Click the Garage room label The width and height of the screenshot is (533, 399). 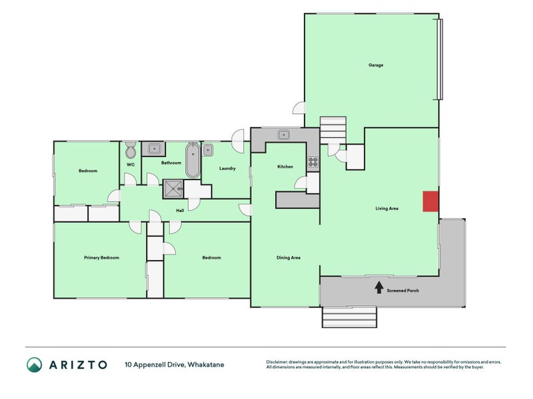tap(376, 65)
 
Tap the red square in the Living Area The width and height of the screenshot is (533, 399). tap(430, 201)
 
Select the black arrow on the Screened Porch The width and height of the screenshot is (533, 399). tap(378, 287)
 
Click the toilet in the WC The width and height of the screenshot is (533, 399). tap(131, 150)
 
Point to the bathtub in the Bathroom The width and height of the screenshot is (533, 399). tap(193, 160)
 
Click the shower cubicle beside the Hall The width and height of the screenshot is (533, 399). tap(173, 189)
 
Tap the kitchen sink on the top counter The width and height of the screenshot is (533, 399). tap(284, 135)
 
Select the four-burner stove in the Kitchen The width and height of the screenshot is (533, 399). tap(312, 162)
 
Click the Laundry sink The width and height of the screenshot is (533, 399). tap(208, 150)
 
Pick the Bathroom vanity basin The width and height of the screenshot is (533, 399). tap(154, 148)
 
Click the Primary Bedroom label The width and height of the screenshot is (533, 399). tap(102, 257)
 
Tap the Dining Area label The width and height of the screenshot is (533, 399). tap(288, 257)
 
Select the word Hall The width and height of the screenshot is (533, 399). tap(180, 211)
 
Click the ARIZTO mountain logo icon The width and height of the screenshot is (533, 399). tap(35, 364)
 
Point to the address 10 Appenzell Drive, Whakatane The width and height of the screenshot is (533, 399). tap(175, 364)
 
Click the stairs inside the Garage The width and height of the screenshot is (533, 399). tap(333, 130)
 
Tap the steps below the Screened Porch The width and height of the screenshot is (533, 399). tap(349, 317)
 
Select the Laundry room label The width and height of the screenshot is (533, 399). tap(227, 168)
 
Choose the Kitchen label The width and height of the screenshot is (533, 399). tap(285, 167)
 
